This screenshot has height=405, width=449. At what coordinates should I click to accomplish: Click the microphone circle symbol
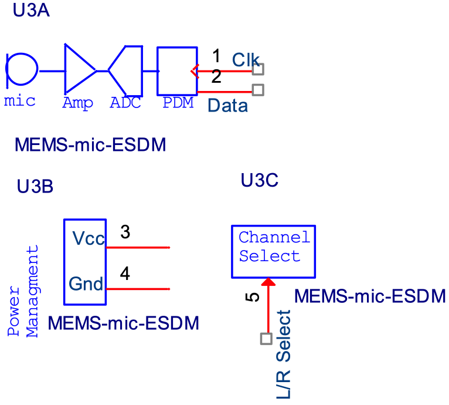[x=22, y=69]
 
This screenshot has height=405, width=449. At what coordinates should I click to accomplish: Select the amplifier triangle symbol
[x=78, y=70]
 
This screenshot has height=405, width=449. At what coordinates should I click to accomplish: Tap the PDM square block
[x=176, y=70]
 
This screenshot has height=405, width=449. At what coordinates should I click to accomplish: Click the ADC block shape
[x=128, y=70]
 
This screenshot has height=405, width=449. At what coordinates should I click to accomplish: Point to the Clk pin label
[x=246, y=59]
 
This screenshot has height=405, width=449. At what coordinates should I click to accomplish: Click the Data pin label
[x=228, y=106]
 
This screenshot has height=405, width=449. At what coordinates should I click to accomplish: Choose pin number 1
[x=216, y=56]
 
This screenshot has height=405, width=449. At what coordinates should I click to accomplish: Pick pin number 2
[x=216, y=77]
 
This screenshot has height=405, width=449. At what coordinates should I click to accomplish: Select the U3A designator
[x=31, y=10]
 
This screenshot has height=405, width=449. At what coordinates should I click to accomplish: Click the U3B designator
[x=35, y=187]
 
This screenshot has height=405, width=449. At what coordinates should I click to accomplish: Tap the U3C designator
[x=259, y=180]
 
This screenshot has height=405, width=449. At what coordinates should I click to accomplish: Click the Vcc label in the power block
[x=88, y=238]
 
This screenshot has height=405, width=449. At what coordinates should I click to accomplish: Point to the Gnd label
[x=86, y=284]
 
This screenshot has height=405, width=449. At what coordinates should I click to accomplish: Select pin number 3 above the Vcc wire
[x=125, y=232]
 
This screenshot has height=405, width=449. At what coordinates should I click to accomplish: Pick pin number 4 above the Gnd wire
[x=125, y=274]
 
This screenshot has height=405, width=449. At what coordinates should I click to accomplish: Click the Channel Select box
[x=273, y=251]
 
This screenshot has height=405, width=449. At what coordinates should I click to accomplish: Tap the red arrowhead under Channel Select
[x=268, y=283]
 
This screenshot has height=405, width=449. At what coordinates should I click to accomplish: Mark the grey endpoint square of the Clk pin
[x=258, y=69]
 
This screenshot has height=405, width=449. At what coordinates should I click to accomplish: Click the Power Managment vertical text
[x=25, y=291]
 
